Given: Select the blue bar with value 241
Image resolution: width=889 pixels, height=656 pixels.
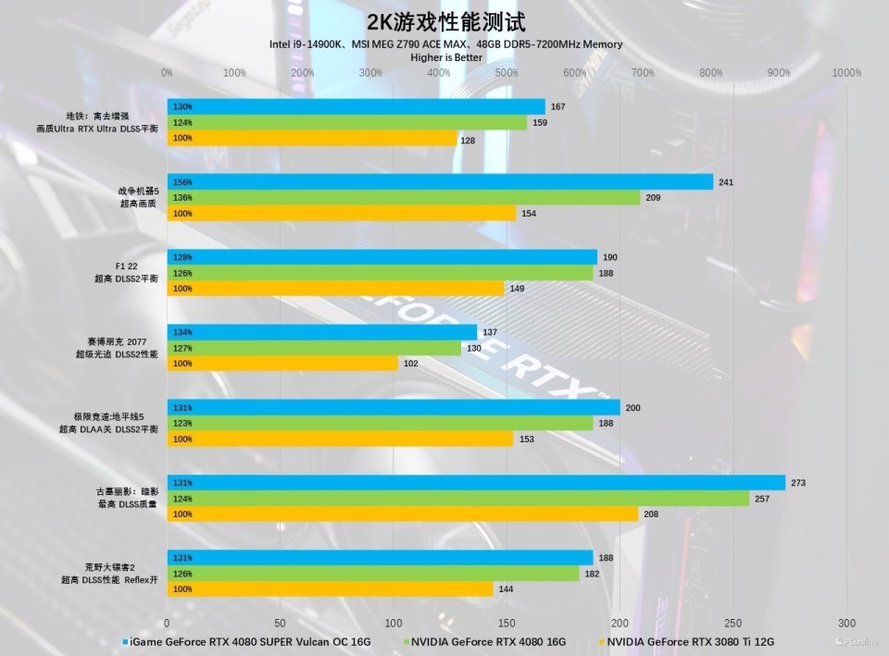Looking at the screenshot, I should pos(440,182).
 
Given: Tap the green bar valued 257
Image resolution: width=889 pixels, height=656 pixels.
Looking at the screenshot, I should pos(457,499).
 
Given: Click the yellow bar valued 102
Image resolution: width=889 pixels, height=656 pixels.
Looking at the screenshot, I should pos(282,364).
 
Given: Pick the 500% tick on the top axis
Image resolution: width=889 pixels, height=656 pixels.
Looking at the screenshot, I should pos(507,73).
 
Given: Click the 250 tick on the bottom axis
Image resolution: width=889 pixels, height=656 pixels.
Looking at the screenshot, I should pos(733,624).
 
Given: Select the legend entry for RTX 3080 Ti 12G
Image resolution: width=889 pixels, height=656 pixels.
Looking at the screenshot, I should pos(690,641).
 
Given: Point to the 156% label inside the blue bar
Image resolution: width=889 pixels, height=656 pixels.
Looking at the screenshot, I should pos(182,182).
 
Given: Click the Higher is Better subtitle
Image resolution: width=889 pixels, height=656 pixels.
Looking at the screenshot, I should pos(446,57).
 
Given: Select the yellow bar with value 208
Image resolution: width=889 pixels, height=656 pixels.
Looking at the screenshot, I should pos(402,514).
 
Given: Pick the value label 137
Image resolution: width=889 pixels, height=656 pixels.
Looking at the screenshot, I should pos(491,332).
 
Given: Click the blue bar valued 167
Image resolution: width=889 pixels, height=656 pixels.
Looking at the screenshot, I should pos(356,106).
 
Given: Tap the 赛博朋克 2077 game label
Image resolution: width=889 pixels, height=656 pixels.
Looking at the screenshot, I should pos(117,341).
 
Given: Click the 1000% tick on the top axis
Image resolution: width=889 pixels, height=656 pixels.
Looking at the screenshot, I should pos(846,73).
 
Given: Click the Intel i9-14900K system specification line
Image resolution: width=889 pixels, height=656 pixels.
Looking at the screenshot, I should pos(445,44).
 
